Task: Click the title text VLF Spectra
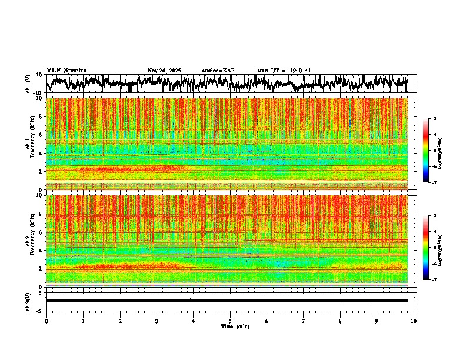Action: [66, 70]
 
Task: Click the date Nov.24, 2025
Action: [164, 71]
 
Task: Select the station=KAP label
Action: [218, 71]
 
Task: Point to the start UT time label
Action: [284, 71]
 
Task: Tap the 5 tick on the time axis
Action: [230, 321]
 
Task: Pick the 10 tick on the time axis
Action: [414, 321]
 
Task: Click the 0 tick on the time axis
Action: [46, 321]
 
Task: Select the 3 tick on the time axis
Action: [157, 321]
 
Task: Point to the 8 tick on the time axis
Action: [340, 321]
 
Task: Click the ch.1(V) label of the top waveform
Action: [28, 84]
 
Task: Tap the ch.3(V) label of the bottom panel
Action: [28, 301]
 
